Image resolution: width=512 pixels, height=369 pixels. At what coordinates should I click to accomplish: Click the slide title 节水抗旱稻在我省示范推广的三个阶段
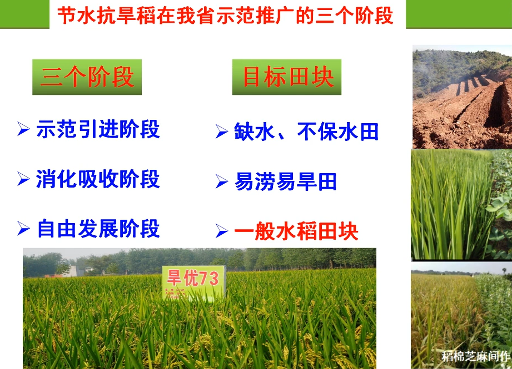pos(225,16)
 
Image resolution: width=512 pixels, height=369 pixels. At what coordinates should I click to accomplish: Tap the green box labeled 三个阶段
pos(87,77)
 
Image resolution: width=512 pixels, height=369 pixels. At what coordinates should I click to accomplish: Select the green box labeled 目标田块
pos(287,77)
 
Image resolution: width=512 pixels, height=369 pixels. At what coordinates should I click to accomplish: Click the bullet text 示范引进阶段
pos(98,129)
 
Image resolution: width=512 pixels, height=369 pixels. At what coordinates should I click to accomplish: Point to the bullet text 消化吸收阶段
pos(98,179)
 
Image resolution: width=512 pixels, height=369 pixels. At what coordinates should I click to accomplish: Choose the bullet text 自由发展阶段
pos(98,229)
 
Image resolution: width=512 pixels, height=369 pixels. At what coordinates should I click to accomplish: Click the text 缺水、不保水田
pos(306,132)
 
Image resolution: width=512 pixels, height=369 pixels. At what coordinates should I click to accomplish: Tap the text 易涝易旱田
pos(285,181)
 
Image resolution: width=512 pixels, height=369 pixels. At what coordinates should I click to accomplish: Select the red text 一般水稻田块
pos(296,231)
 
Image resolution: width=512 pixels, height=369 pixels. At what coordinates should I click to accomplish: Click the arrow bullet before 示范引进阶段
pos(23,129)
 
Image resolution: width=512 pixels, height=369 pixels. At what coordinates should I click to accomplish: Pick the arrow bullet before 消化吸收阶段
pos(23,179)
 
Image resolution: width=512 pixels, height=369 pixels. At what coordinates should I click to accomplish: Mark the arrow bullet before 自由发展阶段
pos(23,229)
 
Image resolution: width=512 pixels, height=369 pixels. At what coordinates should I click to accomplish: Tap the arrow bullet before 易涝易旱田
pos(222,181)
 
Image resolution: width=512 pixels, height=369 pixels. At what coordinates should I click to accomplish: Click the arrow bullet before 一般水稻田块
pos(222,231)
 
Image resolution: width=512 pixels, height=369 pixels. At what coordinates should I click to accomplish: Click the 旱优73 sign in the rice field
pos(194,283)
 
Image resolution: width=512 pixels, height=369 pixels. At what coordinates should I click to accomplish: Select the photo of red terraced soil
pos(462,97)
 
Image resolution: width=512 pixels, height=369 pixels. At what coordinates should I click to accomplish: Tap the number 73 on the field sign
pos(208,279)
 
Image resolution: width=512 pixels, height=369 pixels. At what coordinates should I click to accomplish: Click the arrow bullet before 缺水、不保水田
pos(222,132)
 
